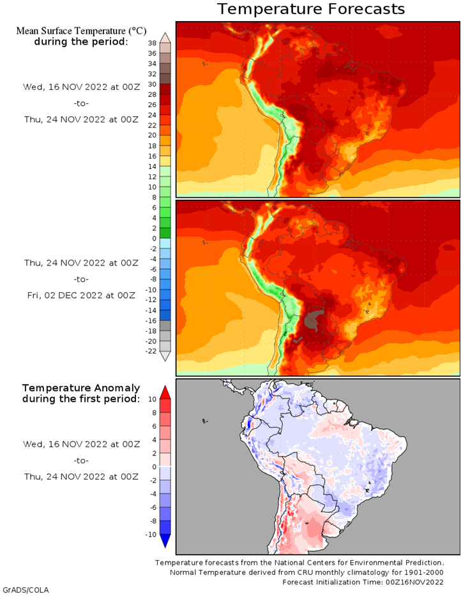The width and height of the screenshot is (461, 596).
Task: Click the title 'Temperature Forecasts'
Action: [x=311, y=9]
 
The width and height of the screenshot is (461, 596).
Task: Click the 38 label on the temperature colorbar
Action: [x=152, y=43]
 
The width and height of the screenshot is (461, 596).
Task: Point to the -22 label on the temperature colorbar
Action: [x=151, y=351]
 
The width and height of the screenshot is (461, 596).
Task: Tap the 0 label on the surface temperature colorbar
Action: [x=154, y=238]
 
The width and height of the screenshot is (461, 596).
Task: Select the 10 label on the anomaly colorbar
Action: [x=152, y=399]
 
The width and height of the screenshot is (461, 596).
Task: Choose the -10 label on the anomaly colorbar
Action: [x=151, y=535]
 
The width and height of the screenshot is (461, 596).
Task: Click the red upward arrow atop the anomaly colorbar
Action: [x=165, y=392]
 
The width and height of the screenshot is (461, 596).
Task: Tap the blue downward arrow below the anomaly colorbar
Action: [x=165, y=541]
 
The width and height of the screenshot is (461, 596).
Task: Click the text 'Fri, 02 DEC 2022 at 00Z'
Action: [x=81, y=295]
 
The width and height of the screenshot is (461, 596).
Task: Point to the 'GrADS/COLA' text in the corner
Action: [x=26, y=590]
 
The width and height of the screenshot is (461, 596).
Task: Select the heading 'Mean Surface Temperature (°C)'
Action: [x=81, y=31]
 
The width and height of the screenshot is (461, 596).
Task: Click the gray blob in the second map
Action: [x=314, y=318]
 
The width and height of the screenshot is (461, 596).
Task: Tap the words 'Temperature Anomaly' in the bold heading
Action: [x=81, y=388]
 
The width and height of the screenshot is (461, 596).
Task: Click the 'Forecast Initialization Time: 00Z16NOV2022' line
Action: [x=363, y=582]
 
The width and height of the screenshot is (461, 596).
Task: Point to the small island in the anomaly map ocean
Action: [x=205, y=421]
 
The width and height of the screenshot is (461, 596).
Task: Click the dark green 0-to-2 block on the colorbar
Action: [x=165, y=233]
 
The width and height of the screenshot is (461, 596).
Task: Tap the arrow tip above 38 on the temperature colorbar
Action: [x=165, y=33]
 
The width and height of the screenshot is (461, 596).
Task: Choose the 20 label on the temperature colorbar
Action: [x=152, y=135]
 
